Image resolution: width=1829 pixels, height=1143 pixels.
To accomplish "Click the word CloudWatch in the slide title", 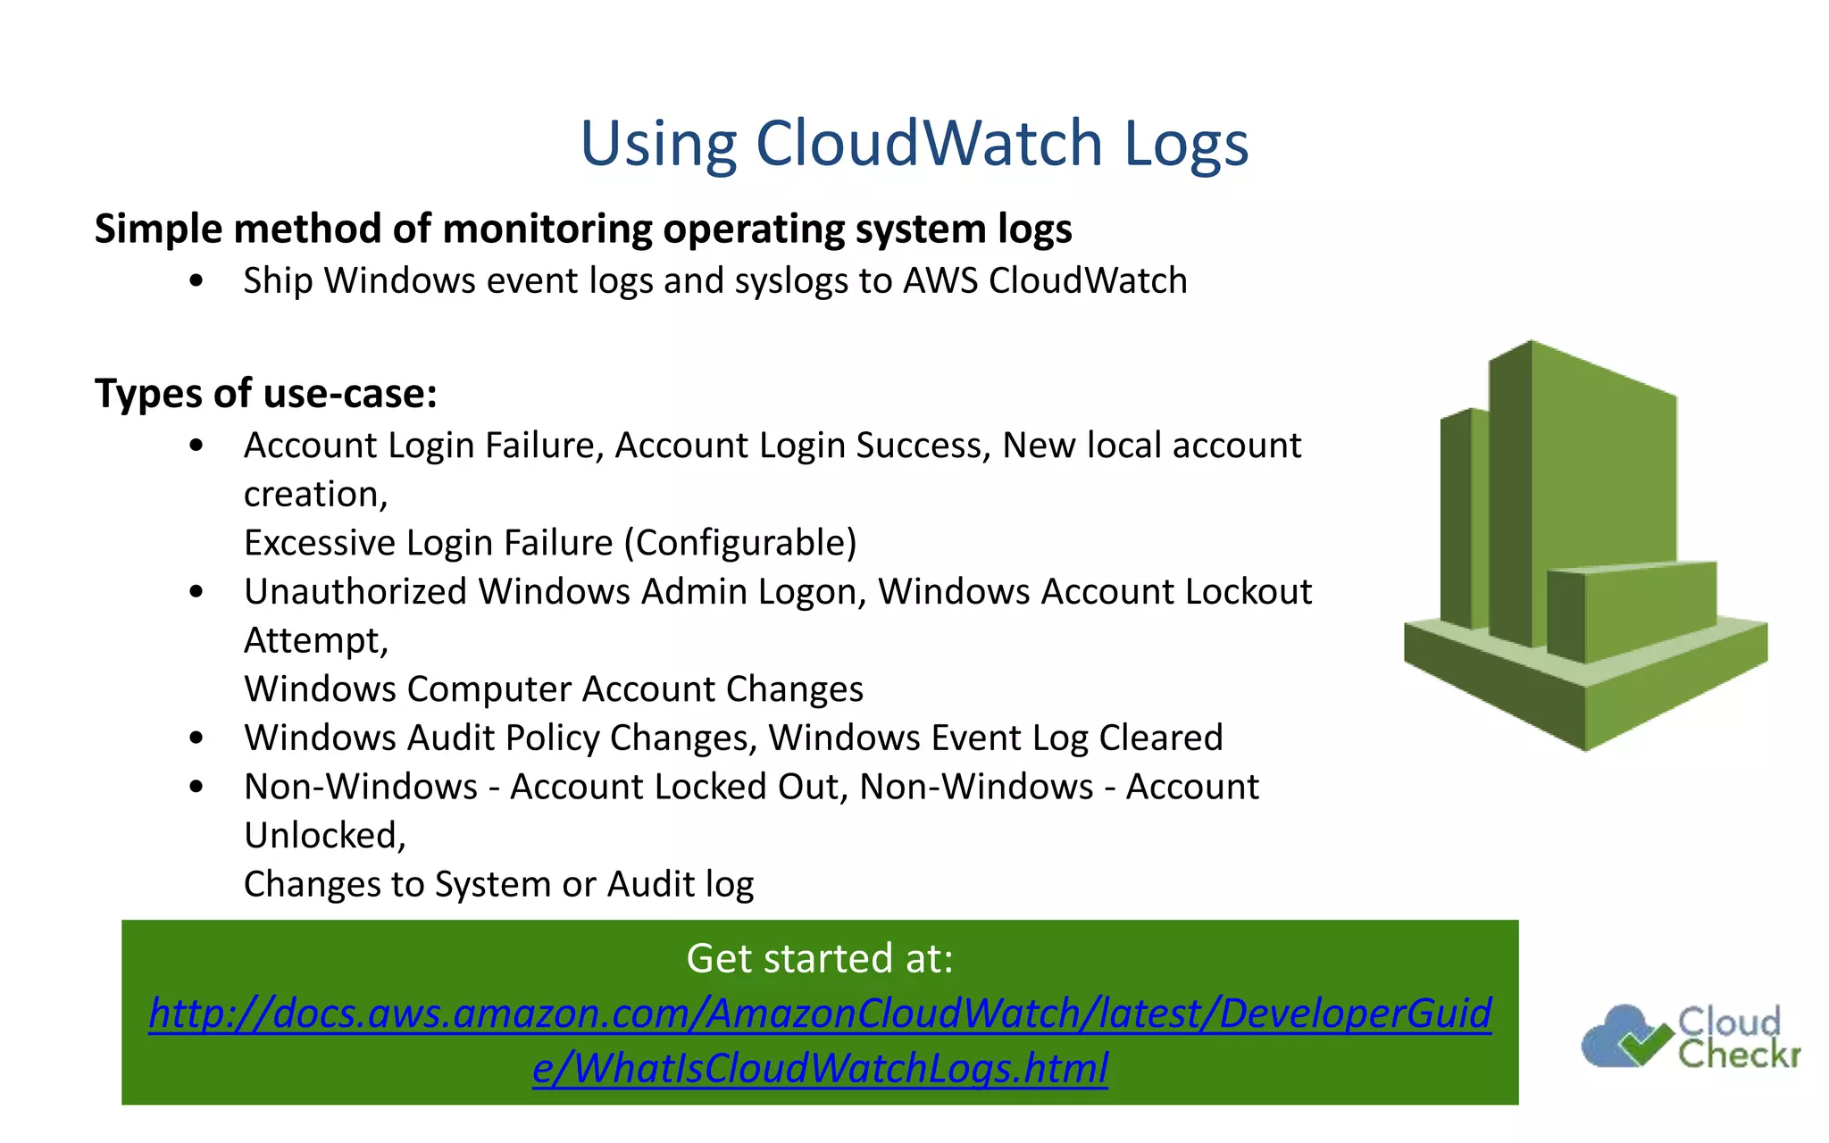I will [929, 143].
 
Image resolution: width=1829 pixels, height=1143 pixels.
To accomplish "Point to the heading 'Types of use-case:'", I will [266, 394].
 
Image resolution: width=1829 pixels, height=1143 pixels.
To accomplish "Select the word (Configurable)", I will [740, 543].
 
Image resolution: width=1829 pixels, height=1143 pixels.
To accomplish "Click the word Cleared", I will [1160, 738].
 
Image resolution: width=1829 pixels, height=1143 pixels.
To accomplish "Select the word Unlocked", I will [324, 836].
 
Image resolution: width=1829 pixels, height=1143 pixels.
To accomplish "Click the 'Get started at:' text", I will [819, 958].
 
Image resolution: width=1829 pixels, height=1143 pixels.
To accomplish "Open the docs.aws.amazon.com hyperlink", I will [820, 1014].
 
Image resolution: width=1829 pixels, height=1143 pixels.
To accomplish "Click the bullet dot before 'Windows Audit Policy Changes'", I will [196, 738].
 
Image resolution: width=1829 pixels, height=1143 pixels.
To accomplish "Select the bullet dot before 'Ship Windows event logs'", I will [196, 281].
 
